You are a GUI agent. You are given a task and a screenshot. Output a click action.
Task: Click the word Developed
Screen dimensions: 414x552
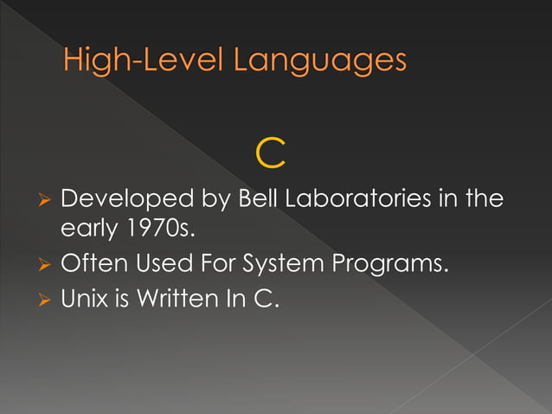pos(127,199)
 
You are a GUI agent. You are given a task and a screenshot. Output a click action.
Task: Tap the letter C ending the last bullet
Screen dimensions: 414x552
pos(269,301)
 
